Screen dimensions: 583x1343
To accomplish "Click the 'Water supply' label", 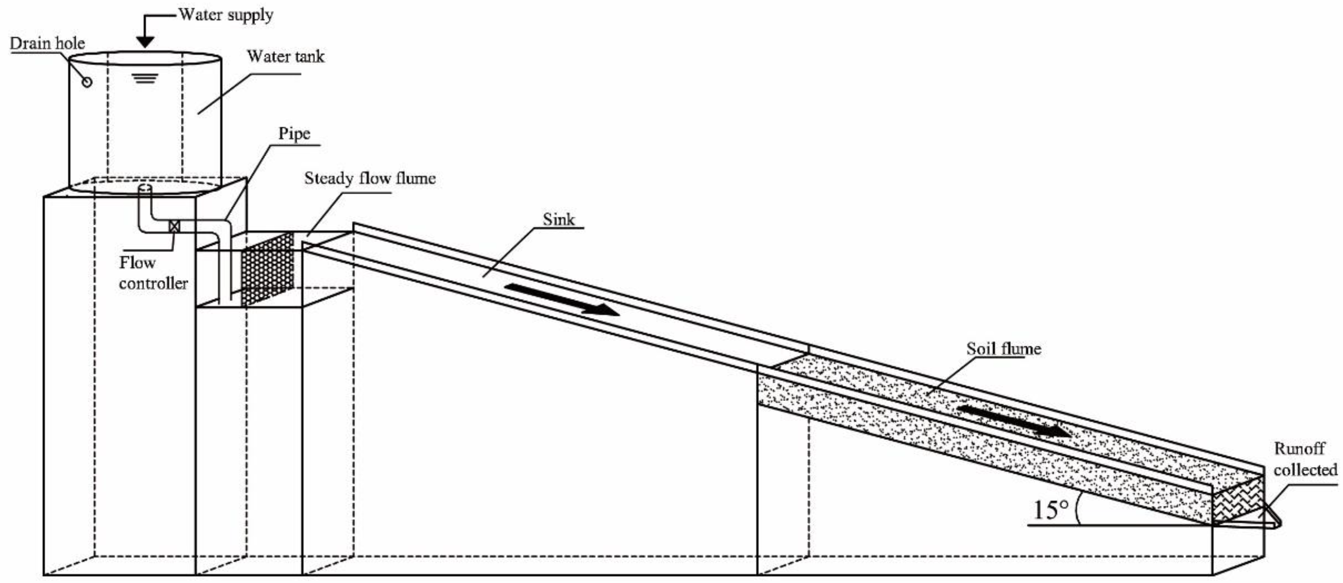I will pyautogui.click(x=226, y=15).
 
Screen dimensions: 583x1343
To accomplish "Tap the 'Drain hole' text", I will pyautogui.click(x=47, y=43).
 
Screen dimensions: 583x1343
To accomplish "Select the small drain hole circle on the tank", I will pyautogui.click(x=87, y=81).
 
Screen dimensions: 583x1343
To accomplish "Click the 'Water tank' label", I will pyautogui.click(x=285, y=56).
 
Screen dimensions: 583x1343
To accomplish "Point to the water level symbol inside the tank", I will pyautogui.click(x=145, y=79).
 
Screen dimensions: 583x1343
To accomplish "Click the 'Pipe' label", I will pyautogui.click(x=294, y=133).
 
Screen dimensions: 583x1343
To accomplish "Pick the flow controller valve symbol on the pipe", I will pyautogui.click(x=175, y=226).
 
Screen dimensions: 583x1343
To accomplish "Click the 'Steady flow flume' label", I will pyautogui.click(x=370, y=179).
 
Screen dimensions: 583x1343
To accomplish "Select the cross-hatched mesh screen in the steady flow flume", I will pyautogui.click(x=267, y=270).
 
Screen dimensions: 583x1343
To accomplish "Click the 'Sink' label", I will pyautogui.click(x=559, y=219).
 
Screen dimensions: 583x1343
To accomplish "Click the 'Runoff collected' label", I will pyautogui.click(x=1305, y=459).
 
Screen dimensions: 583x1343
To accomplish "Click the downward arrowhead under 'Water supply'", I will pyautogui.click(x=146, y=42).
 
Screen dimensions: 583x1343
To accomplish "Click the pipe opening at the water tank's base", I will pyautogui.click(x=146, y=188).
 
